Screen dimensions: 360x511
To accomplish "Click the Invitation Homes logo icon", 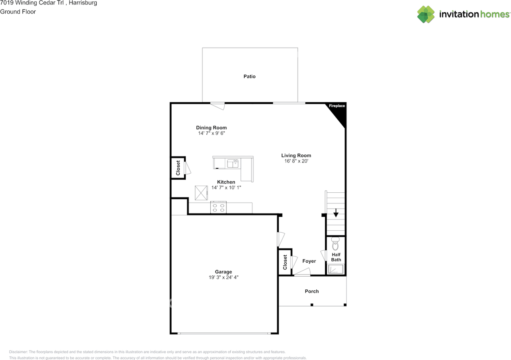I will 426,14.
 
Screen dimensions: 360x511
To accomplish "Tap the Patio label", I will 250,76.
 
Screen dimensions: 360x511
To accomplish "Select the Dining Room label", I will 211,128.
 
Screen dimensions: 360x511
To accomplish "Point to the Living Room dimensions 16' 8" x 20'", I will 296,161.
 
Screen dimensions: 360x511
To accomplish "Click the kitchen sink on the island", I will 233,163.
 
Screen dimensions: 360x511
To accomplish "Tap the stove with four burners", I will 218,208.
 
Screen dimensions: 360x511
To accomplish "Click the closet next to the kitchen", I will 178,168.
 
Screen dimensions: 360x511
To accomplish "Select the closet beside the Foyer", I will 285,262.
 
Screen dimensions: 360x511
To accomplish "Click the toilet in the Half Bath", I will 335,243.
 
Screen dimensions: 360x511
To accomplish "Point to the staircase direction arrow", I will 336,213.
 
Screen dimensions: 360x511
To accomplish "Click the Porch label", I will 312,291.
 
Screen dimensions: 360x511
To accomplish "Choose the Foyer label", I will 309,261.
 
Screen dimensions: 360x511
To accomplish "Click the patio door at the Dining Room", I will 218,105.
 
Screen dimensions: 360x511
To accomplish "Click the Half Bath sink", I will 335,270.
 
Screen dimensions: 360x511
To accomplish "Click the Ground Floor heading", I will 18,12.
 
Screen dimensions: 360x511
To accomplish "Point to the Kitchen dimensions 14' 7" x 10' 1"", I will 226,188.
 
